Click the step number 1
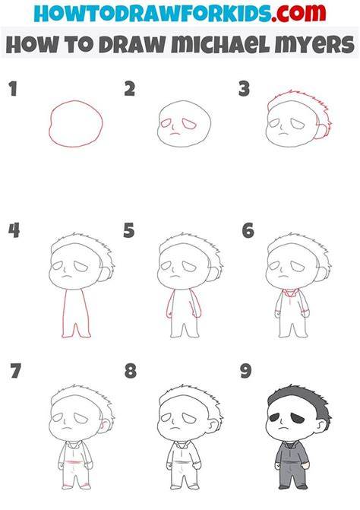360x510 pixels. tap(13, 89)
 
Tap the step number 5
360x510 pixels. tap(128, 230)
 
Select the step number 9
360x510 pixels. tap(245, 371)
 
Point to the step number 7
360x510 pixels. tap(15, 371)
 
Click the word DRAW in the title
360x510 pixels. tap(132, 44)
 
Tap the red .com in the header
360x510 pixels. tap(298, 12)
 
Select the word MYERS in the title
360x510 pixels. tap(314, 44)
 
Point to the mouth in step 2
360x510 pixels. tap(175, 133)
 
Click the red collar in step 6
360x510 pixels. tap(289, 293)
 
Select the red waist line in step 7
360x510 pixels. tap(74, 462)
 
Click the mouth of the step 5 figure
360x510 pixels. tap(175, 277)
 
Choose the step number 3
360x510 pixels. tap(244, 89)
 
